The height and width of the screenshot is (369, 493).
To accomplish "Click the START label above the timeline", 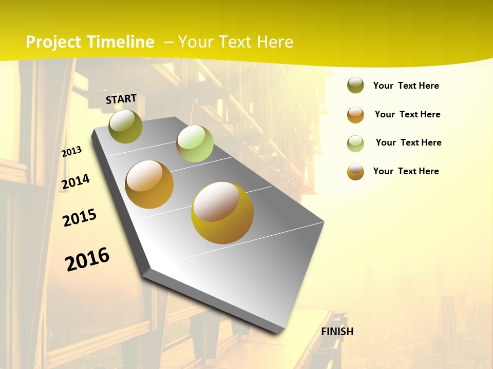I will [x=121, y=99].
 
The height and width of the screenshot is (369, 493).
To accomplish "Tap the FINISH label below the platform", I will [x=337, y=331].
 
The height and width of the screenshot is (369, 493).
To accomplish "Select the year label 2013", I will [x=71, y=152].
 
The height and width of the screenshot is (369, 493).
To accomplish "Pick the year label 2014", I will [x=75, y=182].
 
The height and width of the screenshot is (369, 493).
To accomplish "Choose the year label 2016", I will [x=87, y=259].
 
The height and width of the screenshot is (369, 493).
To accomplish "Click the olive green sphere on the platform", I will [x=125, y=126].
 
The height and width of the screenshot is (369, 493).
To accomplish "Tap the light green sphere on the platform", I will [x=195, y=143].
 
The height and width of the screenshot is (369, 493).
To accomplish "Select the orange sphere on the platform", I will [x=149, y=184].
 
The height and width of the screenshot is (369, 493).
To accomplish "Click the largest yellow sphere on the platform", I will [x=222, y=213].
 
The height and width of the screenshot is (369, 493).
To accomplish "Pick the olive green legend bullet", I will [x=355, y=85].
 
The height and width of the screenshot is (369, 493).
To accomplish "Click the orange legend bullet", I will [x=355, y=115].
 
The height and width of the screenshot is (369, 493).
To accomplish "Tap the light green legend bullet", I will [x=355, y=143].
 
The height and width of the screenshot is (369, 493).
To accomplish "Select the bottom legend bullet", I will [x=355, y=172].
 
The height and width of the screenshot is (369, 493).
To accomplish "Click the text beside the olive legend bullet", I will [x=406, y=86].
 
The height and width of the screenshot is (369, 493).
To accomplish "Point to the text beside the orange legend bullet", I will [x=407, y=114].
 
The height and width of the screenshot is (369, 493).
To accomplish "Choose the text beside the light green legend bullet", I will [x=408, y=142].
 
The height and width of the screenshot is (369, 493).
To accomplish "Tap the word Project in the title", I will [x=54, y=42].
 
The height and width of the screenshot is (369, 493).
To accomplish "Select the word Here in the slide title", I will [x=275, y=42].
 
